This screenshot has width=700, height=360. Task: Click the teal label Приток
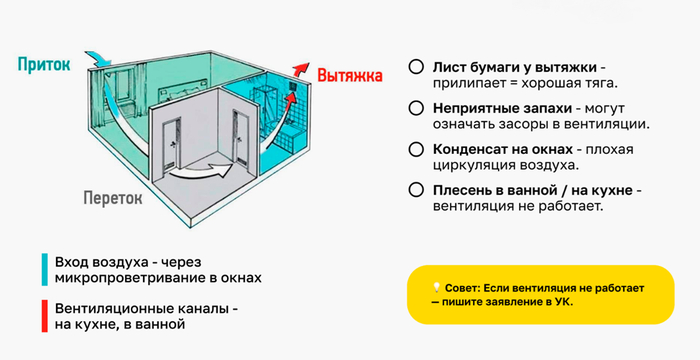pos(44,65)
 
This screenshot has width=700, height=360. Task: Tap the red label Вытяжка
pos(350,75)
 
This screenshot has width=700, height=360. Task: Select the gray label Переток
pos(113,197)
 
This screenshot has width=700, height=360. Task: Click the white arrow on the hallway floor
pos(203,170)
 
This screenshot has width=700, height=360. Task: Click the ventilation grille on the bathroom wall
pos(292,87)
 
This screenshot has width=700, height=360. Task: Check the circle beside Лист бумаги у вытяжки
pos(416,67)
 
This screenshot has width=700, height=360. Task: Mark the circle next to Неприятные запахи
pos(416,109)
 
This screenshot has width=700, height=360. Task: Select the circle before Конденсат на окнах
pos(416,149)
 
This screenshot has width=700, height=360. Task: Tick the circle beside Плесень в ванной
pos(416,190)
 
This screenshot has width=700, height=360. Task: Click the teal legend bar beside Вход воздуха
pos(45,270)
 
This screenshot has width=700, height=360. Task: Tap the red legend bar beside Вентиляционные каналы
pos(45,316)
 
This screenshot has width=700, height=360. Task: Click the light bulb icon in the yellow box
pos(436,288)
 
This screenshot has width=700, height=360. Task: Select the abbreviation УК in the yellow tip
pos(565,301)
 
